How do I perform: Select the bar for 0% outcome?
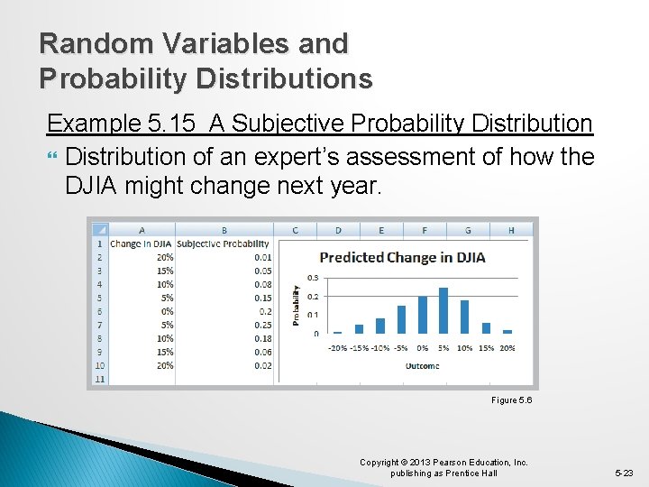coord(423,316)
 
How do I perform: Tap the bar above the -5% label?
coord(401,320)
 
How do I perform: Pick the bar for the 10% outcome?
coord(464,317)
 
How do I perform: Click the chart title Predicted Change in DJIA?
coord(402,257)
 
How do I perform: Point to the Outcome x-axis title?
coord(422,365)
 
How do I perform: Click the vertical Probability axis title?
coord(297,305)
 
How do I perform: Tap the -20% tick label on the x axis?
coord(337,348)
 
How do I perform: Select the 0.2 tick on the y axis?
coord(313,296)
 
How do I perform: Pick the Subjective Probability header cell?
coord(224,243)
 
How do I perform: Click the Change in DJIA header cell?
coord(142,243)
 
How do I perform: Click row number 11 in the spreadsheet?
coord(98,379)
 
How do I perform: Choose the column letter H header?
coord(511,230)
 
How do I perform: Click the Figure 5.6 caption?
coord(511,400)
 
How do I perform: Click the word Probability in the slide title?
coord(104,78)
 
